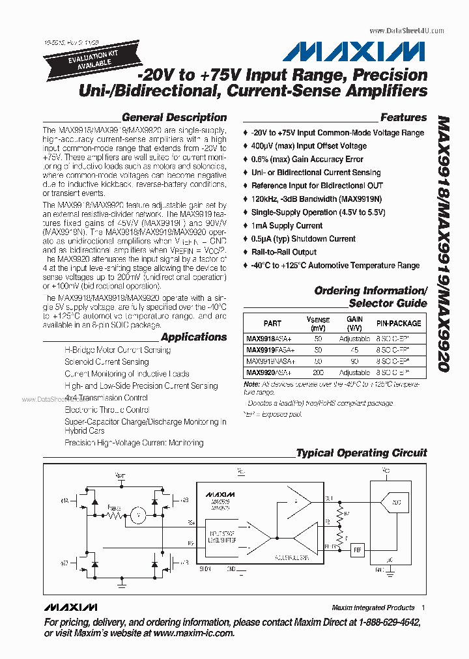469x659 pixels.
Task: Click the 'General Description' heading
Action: coord(174,118)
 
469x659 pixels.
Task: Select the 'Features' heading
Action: coord(403,118)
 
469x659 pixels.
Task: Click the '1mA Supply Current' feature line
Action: coord(287,226)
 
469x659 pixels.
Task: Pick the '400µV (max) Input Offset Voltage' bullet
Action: coord(309,146)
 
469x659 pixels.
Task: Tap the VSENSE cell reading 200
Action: coord(319,372)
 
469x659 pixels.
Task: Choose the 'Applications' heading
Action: coord(193,337)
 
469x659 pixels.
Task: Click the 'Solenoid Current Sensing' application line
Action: coord(107,361)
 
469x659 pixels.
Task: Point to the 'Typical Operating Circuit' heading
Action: coord(362,453)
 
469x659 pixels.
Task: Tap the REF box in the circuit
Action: coord(357,550)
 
